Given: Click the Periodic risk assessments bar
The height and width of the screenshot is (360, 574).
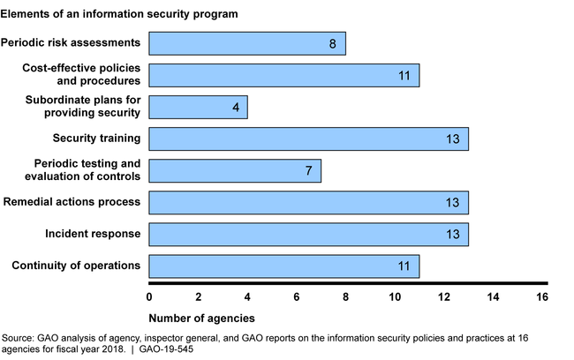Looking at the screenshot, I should [x=247, y=43].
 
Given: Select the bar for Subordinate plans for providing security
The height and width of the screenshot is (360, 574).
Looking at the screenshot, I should [x=198, y=107].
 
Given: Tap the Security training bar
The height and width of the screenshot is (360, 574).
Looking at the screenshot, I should [x=308, y=139].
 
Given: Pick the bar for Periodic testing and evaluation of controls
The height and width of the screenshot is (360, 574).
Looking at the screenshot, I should [x=235, y=170].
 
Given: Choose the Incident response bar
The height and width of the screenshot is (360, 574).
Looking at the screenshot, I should [x=308, y=234].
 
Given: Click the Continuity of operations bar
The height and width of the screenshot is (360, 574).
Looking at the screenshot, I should [x=283, y=266].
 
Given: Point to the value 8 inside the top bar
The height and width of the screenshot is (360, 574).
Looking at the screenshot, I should [x=332, y=43].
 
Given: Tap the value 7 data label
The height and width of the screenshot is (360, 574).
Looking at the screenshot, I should [x=308, y=170].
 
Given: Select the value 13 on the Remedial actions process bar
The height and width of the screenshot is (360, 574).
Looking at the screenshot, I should [x=452, y=202].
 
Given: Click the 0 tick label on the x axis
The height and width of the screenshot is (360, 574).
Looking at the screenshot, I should [x=149, y=296].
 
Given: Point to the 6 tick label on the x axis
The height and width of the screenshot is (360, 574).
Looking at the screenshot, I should [x=297, y=296].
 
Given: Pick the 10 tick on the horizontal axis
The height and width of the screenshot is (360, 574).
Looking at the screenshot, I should [x=395, y=296].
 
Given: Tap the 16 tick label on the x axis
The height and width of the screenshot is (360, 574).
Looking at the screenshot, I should [x=542, y=296].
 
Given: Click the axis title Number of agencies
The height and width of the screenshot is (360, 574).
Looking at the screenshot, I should [x=201, y=317].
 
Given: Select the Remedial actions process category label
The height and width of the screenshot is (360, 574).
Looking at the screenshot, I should [x=72, y=202].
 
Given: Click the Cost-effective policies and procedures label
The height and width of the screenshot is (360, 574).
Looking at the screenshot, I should [x=85, y=74].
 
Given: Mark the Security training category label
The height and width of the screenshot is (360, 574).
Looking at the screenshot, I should [x=98, y=139].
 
